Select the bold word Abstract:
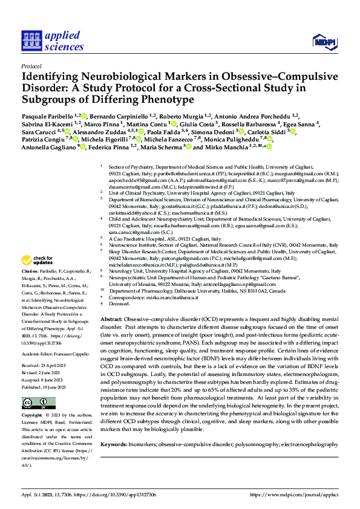111,319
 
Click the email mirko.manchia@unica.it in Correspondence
163,297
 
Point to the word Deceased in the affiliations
119,303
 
